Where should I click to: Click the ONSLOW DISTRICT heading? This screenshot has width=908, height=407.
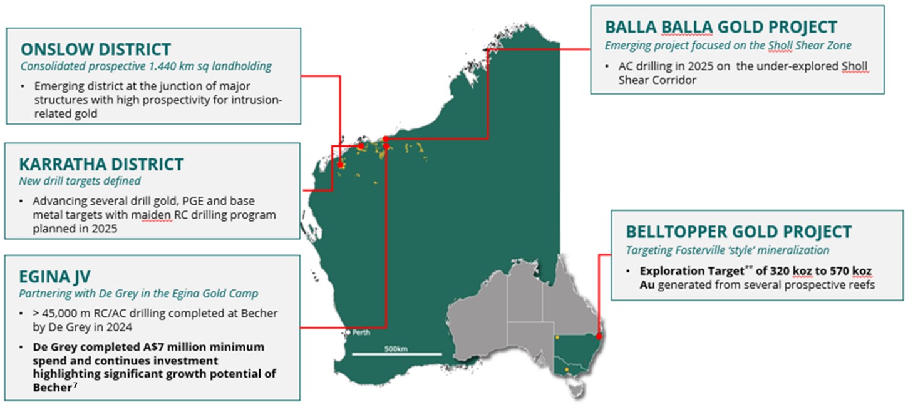point(95,49)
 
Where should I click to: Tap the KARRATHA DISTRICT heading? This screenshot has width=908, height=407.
point(101,165)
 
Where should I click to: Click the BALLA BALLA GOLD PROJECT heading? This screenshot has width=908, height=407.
point(720,28)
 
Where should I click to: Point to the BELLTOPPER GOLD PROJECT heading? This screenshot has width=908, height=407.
point(738,232)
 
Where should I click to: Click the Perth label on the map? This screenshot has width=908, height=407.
point(361,332)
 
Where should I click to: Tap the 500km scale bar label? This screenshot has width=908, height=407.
point(396,348)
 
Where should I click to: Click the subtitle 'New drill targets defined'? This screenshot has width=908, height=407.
point(80,181)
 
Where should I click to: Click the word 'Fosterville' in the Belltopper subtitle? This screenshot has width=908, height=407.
point(709,250)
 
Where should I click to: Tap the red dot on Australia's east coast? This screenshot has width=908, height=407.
point(598,336)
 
